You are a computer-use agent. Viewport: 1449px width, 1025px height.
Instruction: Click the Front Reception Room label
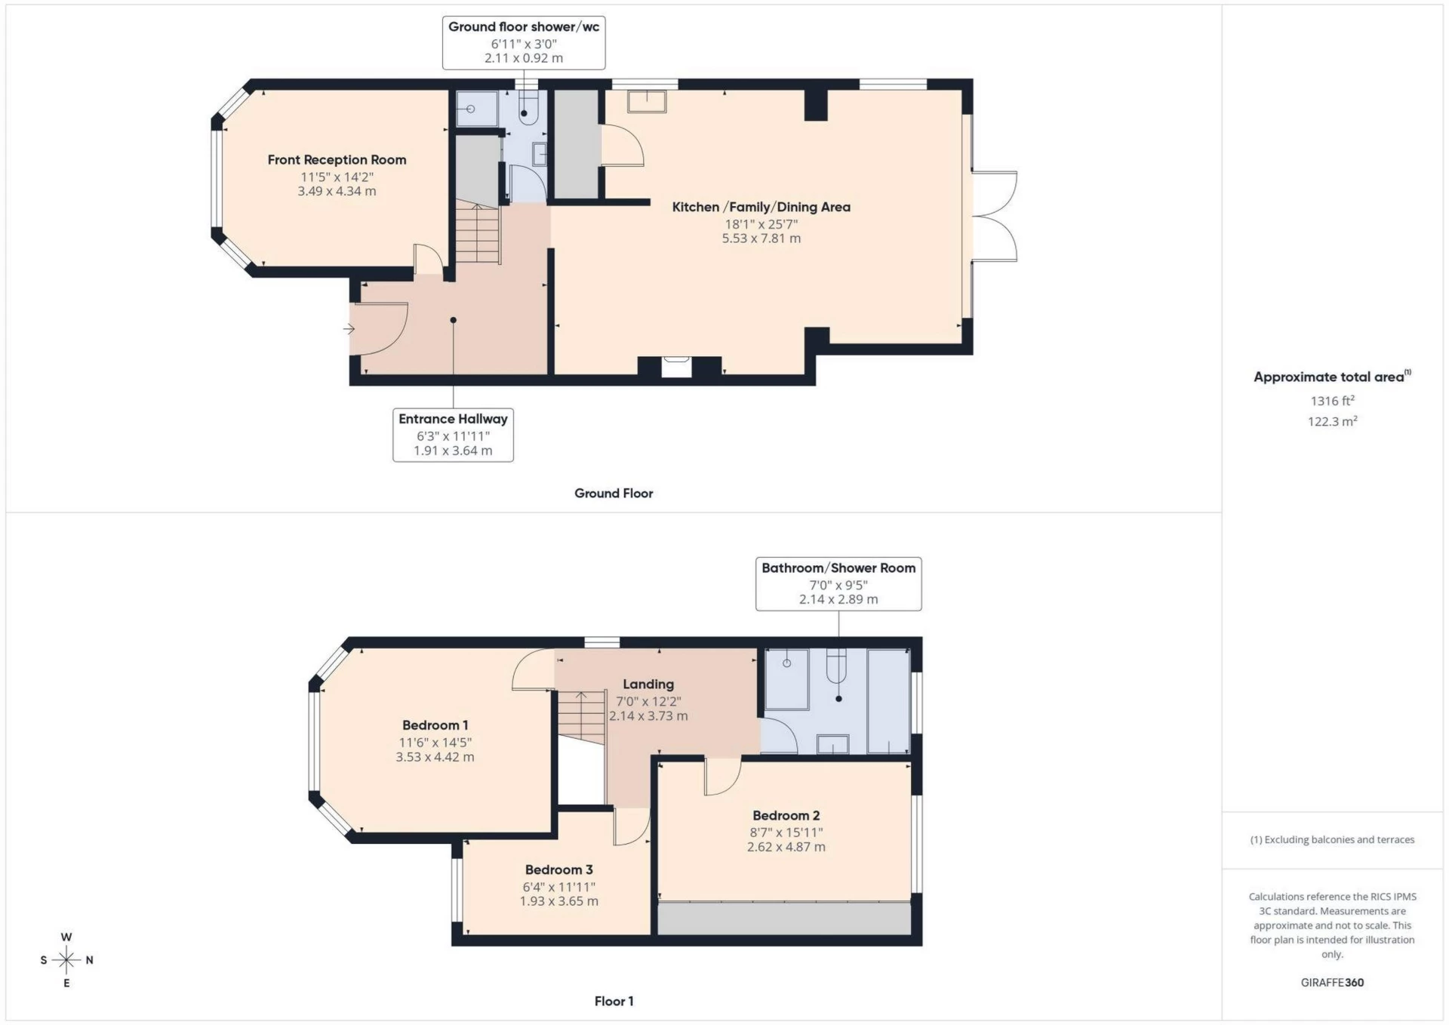pyautogui.click(x=337, y=160)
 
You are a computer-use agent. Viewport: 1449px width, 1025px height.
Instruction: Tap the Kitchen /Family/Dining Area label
pyautogui.click(x=761, y=207)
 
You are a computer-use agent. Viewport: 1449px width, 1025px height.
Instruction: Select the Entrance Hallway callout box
pyautogui.click(x=453, y=434)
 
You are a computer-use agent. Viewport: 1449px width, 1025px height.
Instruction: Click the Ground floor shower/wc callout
pyautogui.click(x=524, y=42)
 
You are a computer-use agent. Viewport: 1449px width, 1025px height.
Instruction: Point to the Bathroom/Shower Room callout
pyautogui.click(x=838, y=583)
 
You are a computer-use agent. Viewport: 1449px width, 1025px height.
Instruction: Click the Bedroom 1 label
pyautogui.click(x=435, y=725)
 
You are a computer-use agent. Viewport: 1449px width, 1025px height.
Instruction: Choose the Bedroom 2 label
pyautogui.click(x=786, y=815)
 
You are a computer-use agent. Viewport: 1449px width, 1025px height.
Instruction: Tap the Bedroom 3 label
pyautogui.click(x=558, y=870)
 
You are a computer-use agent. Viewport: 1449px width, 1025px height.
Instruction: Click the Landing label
pyautogui.click(x=648, y=685)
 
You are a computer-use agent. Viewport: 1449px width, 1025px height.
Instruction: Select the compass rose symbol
pyautogui.click(x=66, y=960)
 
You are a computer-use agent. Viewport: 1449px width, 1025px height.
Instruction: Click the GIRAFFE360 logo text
pyautogui.click(x=1332, y=982)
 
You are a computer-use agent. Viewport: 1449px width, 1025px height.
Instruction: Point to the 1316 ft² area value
pyautogui.click(x=1332, y=401)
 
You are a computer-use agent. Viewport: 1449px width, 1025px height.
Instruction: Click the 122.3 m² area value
pyautogui.click(x=1332, y=421)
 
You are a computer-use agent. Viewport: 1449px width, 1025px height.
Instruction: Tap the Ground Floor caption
pyautogui.click(x=614, y=493)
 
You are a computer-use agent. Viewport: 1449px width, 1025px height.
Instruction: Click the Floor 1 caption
pyautogui.click(x=614, y=1001)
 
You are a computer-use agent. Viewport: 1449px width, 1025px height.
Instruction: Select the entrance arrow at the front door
pyautogui.click(x=349, y=328)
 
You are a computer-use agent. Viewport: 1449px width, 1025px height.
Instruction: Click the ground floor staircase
pyautogui.click(x=478, y=234)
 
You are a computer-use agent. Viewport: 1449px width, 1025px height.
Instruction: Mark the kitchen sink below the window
pyautogui.click(x=647, y=101)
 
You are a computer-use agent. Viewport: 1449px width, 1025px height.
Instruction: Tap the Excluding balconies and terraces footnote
pyautogui.click(x=1332, y=839)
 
